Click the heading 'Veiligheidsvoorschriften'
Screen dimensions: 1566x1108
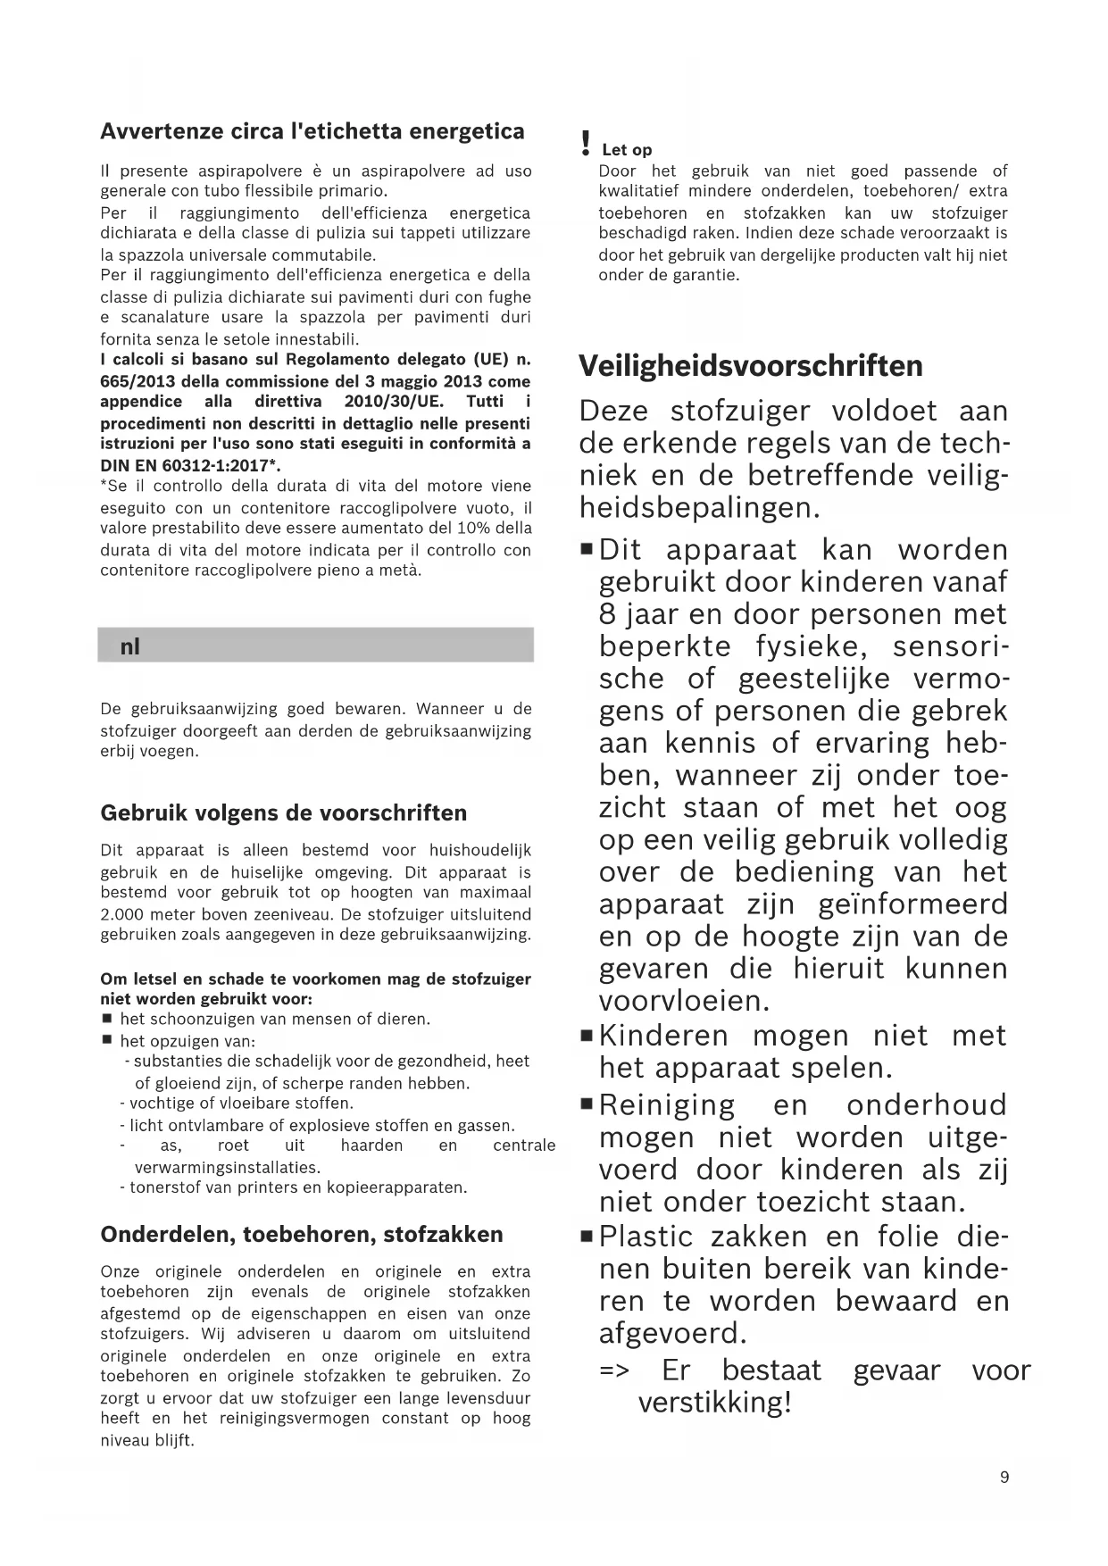(x=751, y=366)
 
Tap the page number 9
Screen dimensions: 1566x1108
(x=1004, y=1478)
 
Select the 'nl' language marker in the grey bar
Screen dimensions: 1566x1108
(x=130, y=646)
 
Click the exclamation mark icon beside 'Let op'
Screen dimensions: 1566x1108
(x=585, y=142)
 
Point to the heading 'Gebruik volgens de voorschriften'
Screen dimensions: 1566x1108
(x=284, y=813)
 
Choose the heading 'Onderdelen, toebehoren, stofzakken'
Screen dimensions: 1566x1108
(x=302, y=1235)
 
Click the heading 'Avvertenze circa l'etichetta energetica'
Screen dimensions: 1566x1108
(x=312, y=131)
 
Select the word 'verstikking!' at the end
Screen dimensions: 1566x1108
(x=714, y=1403)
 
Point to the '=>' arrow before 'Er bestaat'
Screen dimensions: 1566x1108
(x=615, y=1370)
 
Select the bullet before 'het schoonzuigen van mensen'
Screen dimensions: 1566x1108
(x=107, y=1019)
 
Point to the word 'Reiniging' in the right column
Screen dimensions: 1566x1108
(x=667, y=1105)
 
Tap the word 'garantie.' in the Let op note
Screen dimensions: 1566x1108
(x=705, y=275)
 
